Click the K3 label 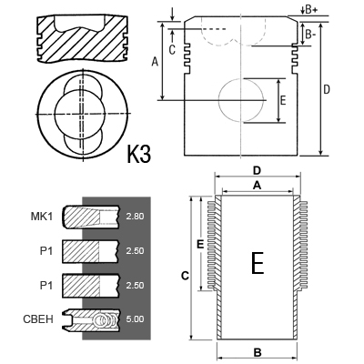pyautogui.click(x=138, y=154)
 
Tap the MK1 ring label pyautogui.click(x=42, y=217)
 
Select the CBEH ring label pyautogui.click(x=38, y=319)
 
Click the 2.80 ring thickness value pyautogui.click(x=135, y=217)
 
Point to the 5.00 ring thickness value pyautogui.click(x=135, y=319)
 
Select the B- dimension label pyautogui.click(x=310, y=35)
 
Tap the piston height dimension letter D pyautogui.click(x=327, y=90)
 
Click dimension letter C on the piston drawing pyautogui.click(x=172, y=50)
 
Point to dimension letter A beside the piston pyautogui.click(x=155, y=62)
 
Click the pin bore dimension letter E pyautogui.click(x=283, y=100)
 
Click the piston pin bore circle pyautogui.click(x=218, y=100)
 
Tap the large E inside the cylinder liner pyautogui.click(x=258, y=263)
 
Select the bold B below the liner pyautogui.click(x=258, y=353)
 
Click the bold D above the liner pyautogui.click(x=257, y=171)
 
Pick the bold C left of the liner pyautogui.click(x=185, y=276)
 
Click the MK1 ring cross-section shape pyautogui.click(x=91, y=217)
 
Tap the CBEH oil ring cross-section pyautogui.click(x=91, y=319)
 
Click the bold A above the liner pyautogui.click(x=257, y=186)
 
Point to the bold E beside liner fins pyautogui.click(x=200, y=244)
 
